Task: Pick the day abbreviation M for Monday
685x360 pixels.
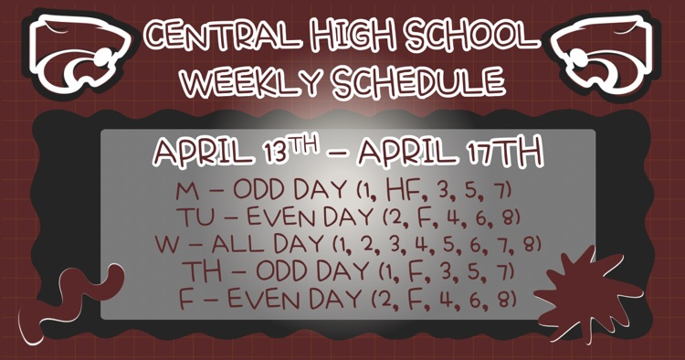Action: pyautogui.click(x=184, y=193)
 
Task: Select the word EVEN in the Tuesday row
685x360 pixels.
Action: pyautogui.click(x=276, y=219)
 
